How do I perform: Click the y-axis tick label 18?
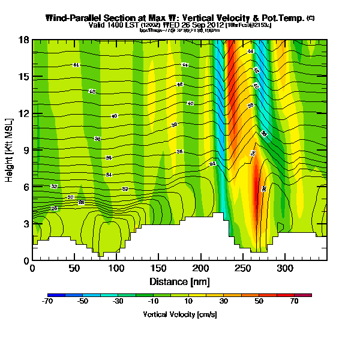25,40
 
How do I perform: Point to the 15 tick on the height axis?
25,76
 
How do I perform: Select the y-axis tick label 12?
25,113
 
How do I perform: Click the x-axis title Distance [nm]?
179,281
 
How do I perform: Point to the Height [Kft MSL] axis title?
10,150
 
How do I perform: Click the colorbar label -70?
48,302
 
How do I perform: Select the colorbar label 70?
295,302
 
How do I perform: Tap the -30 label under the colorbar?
119,302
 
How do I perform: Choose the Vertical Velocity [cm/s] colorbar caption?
179,314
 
